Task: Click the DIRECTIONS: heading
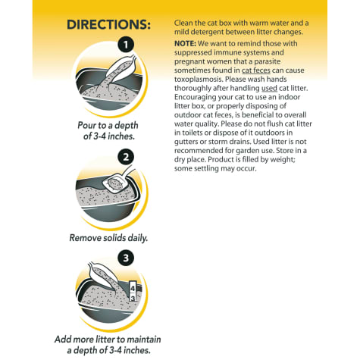pos(108,24)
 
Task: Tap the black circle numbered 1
pos(126,45)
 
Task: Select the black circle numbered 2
pos(126,157)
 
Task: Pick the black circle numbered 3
pos(126,258)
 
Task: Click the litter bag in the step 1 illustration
pos(121,68)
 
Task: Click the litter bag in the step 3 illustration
pos(103,275)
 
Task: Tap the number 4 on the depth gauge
pos(133,288)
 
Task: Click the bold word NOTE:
pos(185,44)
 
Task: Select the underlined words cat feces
pos(256,70)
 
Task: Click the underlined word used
pos(269,88)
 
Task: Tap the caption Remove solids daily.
pos(108,238)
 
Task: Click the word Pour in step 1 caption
pos(87,125)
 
